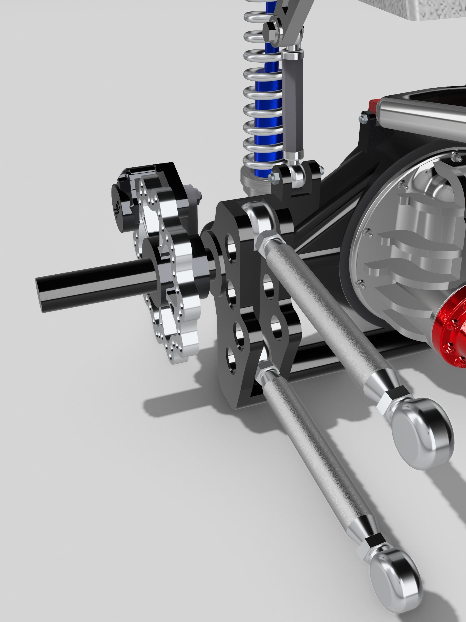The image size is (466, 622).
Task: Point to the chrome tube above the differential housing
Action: [422, 112]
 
